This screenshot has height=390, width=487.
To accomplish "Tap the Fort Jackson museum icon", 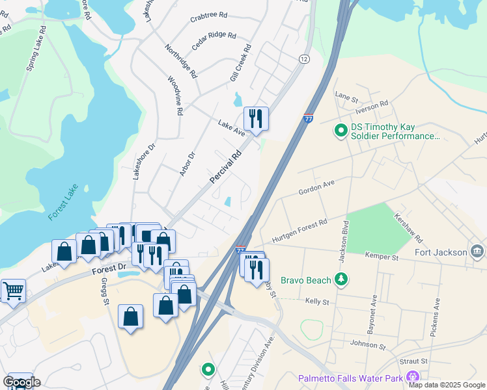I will click(477, 252).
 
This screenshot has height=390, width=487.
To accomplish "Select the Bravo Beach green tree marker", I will click(341, 279).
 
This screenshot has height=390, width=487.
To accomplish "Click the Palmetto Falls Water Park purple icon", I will click(412, 377).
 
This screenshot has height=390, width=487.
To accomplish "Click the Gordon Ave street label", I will click(316, 187).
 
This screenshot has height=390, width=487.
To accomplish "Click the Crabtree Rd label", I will click(208, 15).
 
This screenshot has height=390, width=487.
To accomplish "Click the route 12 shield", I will click(304, 59).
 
